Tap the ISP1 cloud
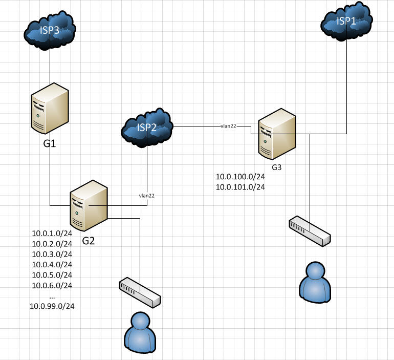pyautogui.click(x=347, y=22)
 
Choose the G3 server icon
pyautogui.click(x=277, y=134)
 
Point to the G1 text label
pyautogui.click(x=49, y=144)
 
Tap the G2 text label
pyautogui.click(x=89, y=241)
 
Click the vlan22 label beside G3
pyautogui.click(x=228, y=125)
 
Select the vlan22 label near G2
pyautogui.click(x=146, y=196)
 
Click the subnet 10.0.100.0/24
pyautogui.click(x=240, y=177)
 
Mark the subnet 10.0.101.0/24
pyautogui.click(x=240, y=187)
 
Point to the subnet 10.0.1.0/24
pyautogui.click(x=52, y=233)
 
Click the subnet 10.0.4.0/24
pyautogui.click(x=52, y=264)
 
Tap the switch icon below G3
pyautogui.click(x=310, y=231)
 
